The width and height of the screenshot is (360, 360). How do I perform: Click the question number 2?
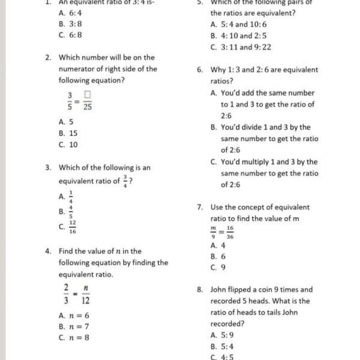[x=47, y=58]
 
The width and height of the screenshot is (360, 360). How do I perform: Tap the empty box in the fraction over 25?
[x=88, y=94]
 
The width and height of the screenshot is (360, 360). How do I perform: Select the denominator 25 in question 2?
[x=88, y=106]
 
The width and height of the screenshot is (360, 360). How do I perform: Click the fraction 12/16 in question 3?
[x=72, y=227]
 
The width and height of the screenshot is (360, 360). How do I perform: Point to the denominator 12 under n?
[x=86, y=298]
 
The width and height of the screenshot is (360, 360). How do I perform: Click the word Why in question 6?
[x=218, y=70]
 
